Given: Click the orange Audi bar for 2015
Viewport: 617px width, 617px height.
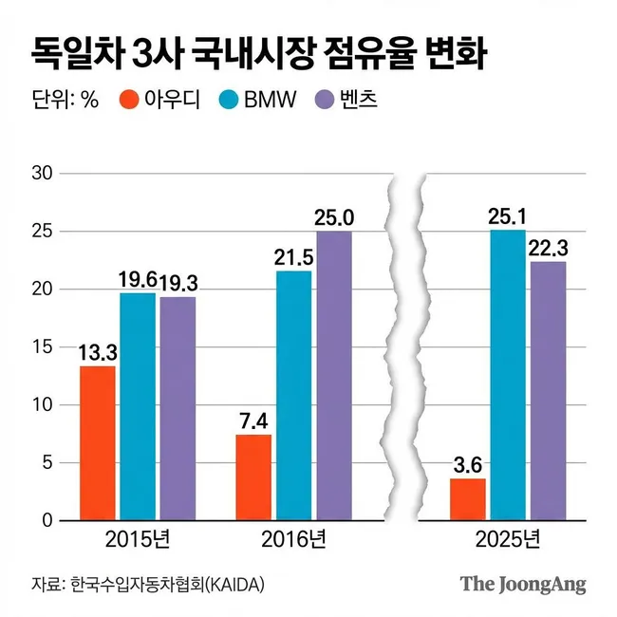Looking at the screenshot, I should point(97,443).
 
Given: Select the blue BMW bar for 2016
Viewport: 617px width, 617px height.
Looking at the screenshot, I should point(293,396).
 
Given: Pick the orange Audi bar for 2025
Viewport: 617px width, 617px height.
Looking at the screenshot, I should point(467,499).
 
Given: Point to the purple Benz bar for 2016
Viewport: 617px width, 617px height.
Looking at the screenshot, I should point(333,376).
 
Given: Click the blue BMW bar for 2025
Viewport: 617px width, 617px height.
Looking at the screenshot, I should point(507,376).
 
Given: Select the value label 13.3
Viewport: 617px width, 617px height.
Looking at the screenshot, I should point(97,351).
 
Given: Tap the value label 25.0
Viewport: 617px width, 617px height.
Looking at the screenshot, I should point(334,217).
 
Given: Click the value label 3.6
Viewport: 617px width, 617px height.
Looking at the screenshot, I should point(467,465).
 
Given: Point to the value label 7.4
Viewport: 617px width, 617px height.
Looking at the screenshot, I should point(253,421).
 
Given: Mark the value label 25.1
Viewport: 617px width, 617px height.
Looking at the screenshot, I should point(507,215).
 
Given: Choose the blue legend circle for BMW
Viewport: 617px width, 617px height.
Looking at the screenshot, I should point(230,98).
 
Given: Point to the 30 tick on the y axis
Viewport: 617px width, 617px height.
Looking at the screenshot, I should point(42,174).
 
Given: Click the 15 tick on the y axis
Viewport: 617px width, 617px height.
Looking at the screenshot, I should point(42,347).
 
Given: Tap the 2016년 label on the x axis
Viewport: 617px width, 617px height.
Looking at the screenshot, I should point(293,541).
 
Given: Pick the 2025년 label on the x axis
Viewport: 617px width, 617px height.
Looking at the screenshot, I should point(507,541).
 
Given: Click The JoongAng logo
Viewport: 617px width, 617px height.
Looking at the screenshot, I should point(523,583).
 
